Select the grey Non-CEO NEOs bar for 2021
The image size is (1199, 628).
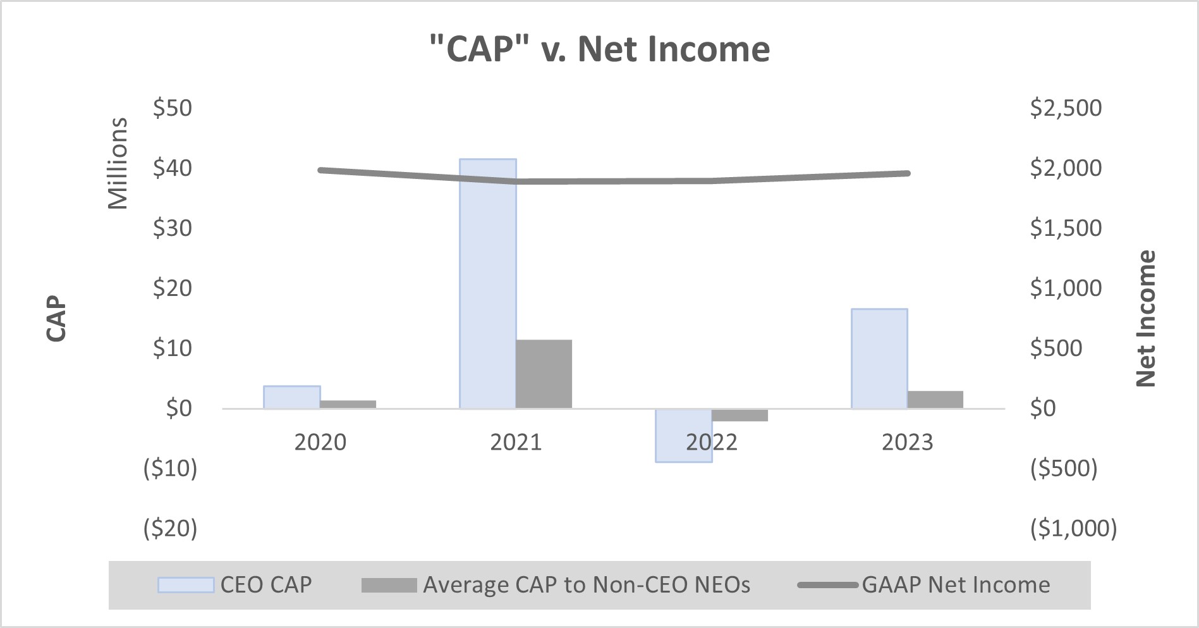coord(544,374)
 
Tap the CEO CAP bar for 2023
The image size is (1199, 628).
coord(879,359)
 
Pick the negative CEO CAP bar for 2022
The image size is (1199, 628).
coord(684,436)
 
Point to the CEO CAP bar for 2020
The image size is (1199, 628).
coord(292,397)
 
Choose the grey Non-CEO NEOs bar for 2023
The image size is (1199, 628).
coord(935,400)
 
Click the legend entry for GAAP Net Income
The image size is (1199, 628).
coord(924,585)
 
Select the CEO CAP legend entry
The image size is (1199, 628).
coord(235,585)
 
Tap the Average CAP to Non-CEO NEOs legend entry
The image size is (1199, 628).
coord(556,585)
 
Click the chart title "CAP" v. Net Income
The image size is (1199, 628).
coord(599,49)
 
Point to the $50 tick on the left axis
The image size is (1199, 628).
coord(173,108)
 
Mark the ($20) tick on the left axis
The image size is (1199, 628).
coord(171,528)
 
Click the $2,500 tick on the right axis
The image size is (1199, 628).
coord(1066,108)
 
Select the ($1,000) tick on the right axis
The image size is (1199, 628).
coord(1073,528)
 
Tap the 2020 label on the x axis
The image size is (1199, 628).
coord(320,442)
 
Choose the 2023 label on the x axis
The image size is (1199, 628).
coord(907,442)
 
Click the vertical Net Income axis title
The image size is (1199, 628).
coord(1146,318)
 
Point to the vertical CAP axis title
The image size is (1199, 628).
coord(57,318)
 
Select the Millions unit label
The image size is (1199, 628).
coord(118,163)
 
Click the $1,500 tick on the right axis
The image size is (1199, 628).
coord(1066,228)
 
